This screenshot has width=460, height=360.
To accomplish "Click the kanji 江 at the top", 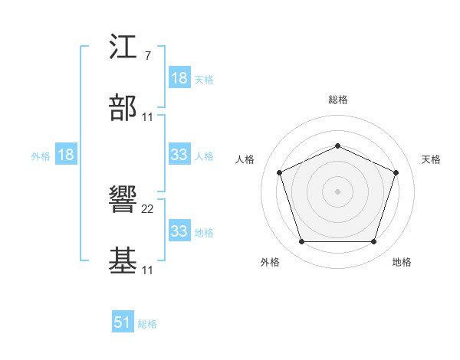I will click(x=123, y=48).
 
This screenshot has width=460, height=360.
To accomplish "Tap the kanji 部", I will click(x=123, y=109).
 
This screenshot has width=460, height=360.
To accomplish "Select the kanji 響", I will click(x=123, y=201).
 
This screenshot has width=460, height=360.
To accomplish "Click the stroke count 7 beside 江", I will click(x=147, y=57).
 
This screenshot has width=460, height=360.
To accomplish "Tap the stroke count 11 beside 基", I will click(x=148, y=270).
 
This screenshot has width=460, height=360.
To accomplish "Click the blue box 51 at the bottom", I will click(x=123, y=322).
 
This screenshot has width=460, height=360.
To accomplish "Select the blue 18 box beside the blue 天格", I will click(x=179, y=78).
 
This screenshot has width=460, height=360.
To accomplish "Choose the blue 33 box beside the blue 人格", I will click(x=179, y=155).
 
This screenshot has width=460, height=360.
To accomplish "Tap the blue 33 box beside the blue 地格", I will click(x=179, y=231).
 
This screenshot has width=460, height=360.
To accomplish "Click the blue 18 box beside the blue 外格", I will click(x=66, y=155).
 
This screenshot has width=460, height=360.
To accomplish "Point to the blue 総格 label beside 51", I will click(x=147, y=324).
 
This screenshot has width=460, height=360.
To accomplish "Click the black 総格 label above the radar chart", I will click(x=337, y=100).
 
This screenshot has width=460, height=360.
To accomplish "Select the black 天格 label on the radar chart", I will click(x=431, y=159).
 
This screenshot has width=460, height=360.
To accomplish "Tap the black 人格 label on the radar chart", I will click(x=245, y=159).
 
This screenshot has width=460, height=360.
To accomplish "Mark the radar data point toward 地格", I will click(x=373, y=242).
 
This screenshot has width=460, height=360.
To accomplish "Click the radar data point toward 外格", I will click(x=301, y=242).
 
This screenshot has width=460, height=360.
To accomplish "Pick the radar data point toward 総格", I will click(x=337, y=146).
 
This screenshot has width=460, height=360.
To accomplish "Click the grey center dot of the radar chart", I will click(x=337, y=191).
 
